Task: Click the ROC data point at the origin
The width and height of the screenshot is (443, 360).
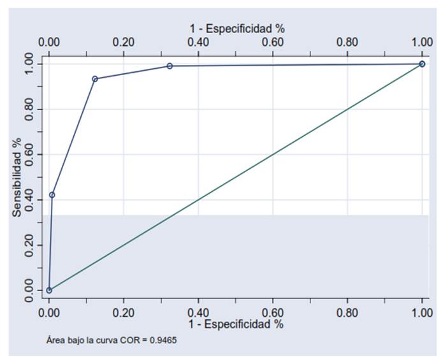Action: [x=49, y=290]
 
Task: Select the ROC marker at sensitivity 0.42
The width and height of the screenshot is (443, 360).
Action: [x=52, y=195]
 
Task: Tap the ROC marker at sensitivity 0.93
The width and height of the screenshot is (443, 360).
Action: [x=95, y=79]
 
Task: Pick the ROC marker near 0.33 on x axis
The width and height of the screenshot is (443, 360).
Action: [x=170, y=66]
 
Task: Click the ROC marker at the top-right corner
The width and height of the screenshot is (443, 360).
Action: [x=422, y=64]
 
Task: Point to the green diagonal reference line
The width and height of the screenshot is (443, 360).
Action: [x=236, y=177]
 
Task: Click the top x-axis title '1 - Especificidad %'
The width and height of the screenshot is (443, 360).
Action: [x=236, y=28]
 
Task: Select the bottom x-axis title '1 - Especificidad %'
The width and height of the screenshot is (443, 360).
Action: [x=236, y=324]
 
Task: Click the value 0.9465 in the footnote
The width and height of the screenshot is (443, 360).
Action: [x=164, y=340]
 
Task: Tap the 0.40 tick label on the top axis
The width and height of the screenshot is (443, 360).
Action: [x=198, y=42]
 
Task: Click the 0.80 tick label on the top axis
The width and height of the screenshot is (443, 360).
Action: [x=347, y=42]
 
